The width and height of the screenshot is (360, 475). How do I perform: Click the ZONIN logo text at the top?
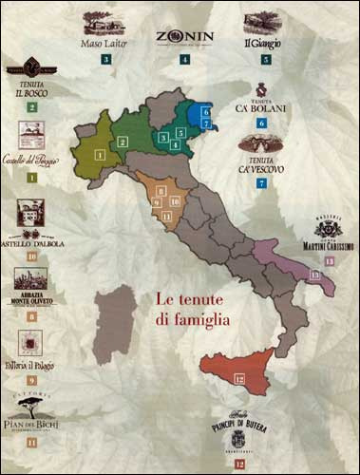[x=184, y=38]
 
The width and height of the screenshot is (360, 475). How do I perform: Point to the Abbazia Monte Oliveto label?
[x=30, y=300]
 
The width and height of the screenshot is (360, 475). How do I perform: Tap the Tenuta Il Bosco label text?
[x=30, y=92]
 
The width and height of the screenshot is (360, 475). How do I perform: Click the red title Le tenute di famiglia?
[x=193, y=309]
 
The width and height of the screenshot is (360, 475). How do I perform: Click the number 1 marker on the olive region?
[x=99, y=153]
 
